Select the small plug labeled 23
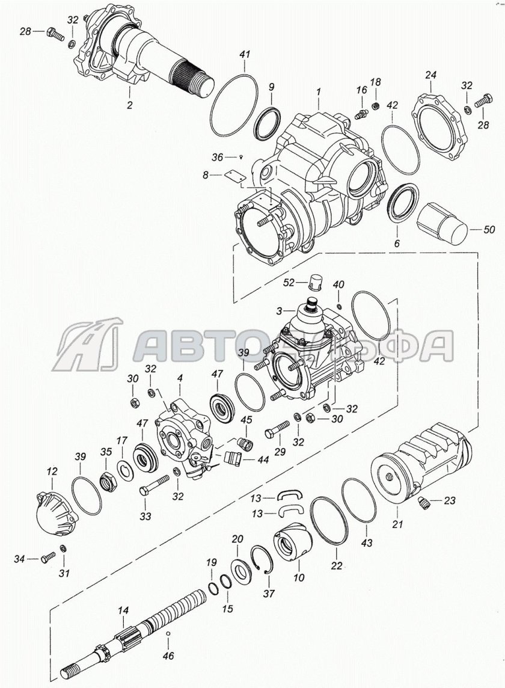[x=422, y=501]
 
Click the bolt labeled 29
[x=276, y=432]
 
